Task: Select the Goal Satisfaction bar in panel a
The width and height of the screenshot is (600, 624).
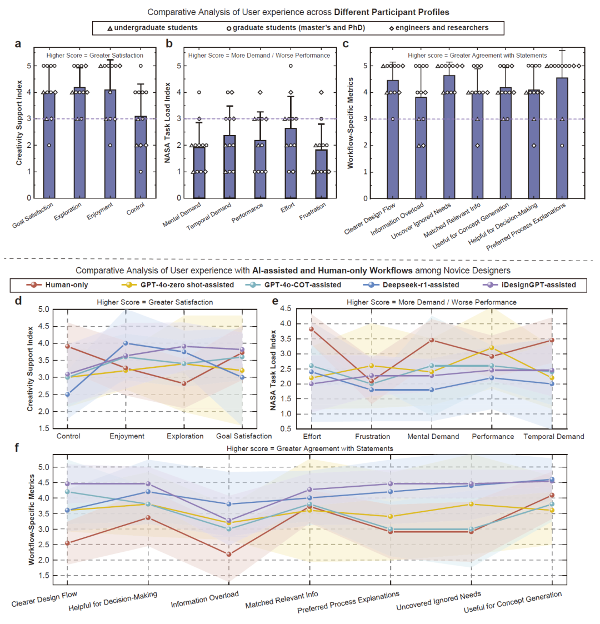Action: (x=49, y=144)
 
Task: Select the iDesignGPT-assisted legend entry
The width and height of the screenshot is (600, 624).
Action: (x=536, y=285)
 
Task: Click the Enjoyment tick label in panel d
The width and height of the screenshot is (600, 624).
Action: (x=127, y=436)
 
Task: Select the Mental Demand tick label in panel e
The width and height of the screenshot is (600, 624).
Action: (x=433, y=437)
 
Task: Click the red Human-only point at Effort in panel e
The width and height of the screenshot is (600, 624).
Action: (x=312, y=329)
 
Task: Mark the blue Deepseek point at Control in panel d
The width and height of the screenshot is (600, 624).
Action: (x=68, y=395)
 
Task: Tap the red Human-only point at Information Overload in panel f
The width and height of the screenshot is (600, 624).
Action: (x=229, y=554)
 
